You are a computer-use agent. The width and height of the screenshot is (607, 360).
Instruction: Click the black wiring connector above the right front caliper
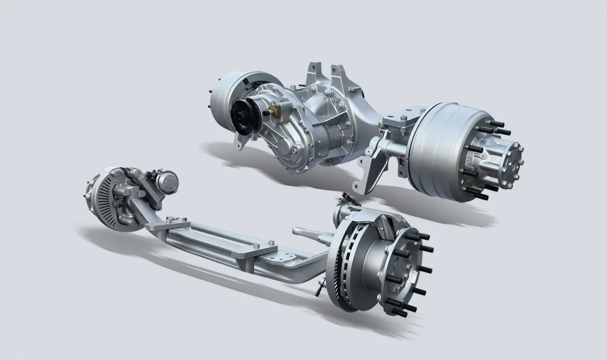coord(349,199)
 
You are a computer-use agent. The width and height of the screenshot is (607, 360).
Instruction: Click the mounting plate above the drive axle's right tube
coord(401,119)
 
